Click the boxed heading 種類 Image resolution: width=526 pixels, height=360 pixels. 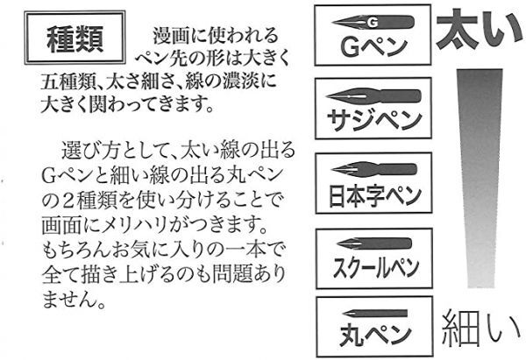click(x=75, y=39)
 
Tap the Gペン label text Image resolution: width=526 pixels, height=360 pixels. click(x=373, y=47)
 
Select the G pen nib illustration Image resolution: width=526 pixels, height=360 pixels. click(x=373, y=22)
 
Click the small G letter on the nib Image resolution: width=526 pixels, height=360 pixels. click(x=372, y=22)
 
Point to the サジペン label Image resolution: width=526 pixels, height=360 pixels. click(x=374, y=120)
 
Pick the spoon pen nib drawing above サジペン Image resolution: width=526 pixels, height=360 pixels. click(x=373, y=96)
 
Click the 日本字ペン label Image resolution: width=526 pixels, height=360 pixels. click(x=374, y=195)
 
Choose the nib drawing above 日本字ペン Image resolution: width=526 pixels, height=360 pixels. click(x=373, y=169)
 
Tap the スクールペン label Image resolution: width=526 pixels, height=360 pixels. click(x=375, y=267)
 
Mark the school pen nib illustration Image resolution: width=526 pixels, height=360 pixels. click(x=373, y=244)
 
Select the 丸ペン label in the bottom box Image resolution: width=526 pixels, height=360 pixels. click(x=375, y=334)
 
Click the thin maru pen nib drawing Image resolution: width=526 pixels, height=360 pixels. click(x=374, y=314)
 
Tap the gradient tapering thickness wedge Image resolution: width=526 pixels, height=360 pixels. click(x=480, y=179)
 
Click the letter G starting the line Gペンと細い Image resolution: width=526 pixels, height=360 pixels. click(x=48, y=177)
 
